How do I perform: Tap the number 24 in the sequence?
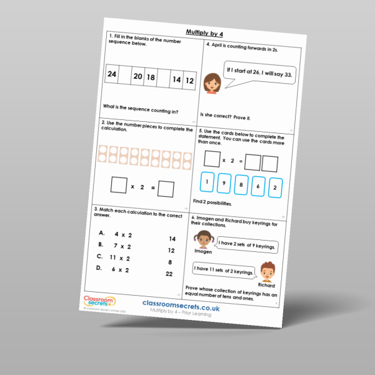point(112,75)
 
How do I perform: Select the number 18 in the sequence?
point(150,77)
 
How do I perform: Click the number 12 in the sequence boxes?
point(190,81)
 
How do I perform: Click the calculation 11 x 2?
point(118,257)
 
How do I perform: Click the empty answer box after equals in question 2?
point(166,188)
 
